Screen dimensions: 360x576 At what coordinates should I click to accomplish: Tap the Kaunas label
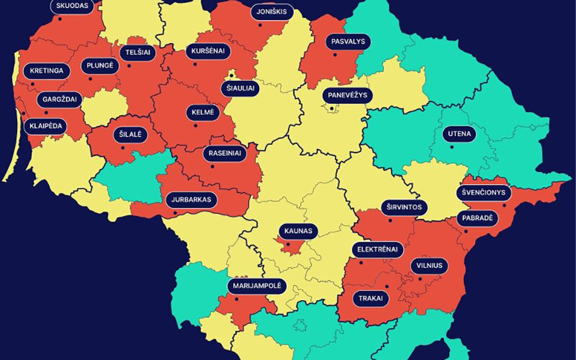pyautogui.click(x=298, y=232)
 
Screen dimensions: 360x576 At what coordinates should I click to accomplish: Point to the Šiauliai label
pyautogui.click(x=240, y=89)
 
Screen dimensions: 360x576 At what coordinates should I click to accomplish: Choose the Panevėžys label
pyautogui.click(x=347, y=95)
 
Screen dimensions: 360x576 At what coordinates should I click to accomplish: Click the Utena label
pyautogui.click(x=460, y=134)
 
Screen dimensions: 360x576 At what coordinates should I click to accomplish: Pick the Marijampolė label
pyautogui.click(x=257, y=286)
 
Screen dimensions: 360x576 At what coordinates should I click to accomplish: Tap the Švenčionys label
pyautogui.click(x=484, y=192)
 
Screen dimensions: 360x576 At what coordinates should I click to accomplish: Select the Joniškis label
pyautogui.click(x=272, y=12)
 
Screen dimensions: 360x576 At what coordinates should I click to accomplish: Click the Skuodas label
pyautogui.click(x=71, y=6)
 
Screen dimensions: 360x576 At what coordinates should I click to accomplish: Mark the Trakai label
pyautogui.click(x=370, y=299)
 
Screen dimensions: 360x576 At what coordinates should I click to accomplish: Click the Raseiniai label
pyautogui.click(x=225, y=154)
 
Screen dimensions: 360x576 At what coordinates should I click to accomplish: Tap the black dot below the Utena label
pyautogui.click(x=452, y=147)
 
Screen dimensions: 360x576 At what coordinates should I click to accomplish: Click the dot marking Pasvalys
pyautogui.click(x=335, y=55)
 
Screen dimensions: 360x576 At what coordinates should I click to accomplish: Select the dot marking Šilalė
pyautogui.click(x=123, y=147)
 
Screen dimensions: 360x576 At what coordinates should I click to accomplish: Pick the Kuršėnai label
pyautogui.click(x=208, y=51)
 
